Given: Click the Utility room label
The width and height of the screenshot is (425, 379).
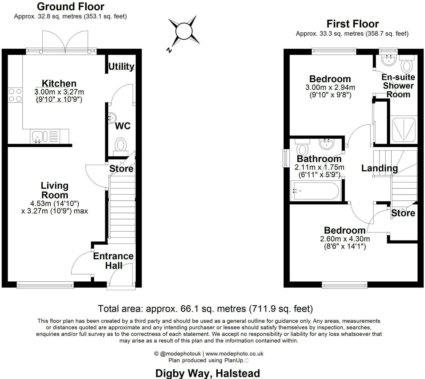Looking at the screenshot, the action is click(121, 66).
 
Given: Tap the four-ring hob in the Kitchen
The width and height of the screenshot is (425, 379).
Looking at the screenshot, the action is click(15, 95).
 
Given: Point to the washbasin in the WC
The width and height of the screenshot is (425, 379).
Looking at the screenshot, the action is click(112, 117).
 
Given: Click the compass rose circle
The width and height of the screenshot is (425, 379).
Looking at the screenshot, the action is click(184, 31).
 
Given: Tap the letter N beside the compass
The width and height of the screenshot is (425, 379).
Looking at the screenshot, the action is click(168, 50).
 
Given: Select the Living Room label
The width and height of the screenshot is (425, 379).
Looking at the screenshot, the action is click(55, 190).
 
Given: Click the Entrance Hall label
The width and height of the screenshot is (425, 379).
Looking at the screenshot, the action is click(113, 261).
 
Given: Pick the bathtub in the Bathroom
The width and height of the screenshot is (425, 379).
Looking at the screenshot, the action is click(315, 191).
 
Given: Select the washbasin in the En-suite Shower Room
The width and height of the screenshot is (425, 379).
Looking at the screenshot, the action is click(388, 60).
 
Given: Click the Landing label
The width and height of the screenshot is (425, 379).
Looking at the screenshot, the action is click(379, 168).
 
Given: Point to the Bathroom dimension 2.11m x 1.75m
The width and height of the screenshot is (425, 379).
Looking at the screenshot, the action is click(319, 167).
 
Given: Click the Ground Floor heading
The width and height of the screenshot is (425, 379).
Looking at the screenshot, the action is click(71, 6).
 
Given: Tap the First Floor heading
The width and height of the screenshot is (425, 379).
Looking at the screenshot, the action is click(353, 24).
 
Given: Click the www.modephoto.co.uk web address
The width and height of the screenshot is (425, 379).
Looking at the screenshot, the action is click(234, 354).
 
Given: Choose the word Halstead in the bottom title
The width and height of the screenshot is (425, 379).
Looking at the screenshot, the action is click(238, 373).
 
